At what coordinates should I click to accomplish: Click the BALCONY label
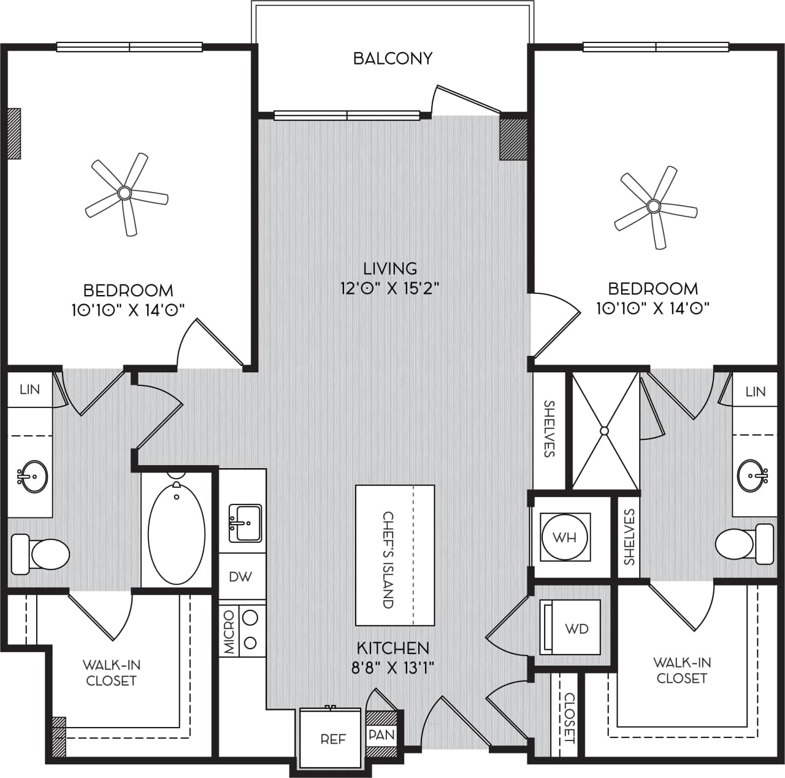pyautogui.click(x=392, y=58)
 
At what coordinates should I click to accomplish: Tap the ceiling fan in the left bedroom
pyautogui.click(x=125, y=194)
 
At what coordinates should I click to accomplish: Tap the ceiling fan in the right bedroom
pyautogui.click(x=654, y=206)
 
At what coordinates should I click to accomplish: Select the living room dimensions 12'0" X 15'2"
pyautogui.click(x=390, y=288)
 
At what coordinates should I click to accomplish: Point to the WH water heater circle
pyautogui.click(x=564, y=537)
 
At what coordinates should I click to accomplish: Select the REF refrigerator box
pyautogui.click(x=333, y=739)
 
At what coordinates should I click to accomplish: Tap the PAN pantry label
pyautogui.click(x=381, y=734)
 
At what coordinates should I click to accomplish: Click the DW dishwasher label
pyautogui.click(x=240, y=577)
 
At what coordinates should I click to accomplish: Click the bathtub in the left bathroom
pyautogui.click(x=177, y=533)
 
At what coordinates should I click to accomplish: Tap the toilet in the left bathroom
pyautogui.click(x=42, y=554)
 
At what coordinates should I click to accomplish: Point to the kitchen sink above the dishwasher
pyautogui.click(x=245, y=523)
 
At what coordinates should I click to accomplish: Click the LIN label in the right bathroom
pyautogui.click(x=756, y=391)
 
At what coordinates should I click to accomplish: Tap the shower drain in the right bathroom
pyautogui.click(x=605, y=431)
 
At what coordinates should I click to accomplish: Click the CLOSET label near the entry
pyautogui.click(x=569, y=717)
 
